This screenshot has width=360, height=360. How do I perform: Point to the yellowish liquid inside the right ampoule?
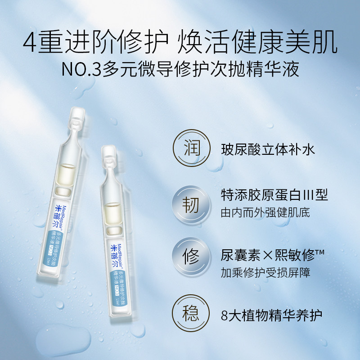tap(110, 209)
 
